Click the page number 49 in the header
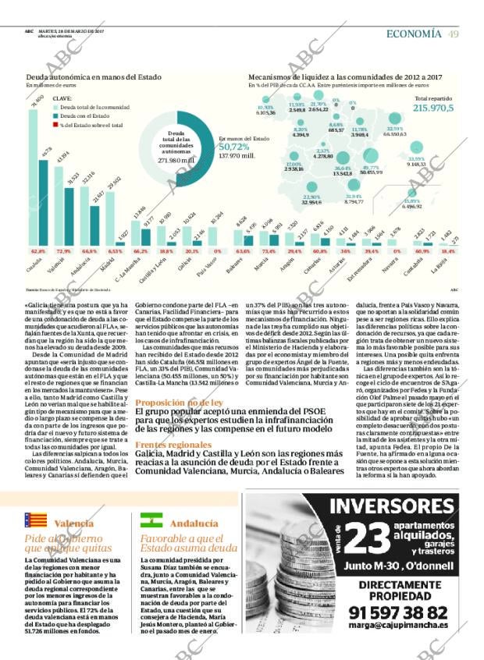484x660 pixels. pyautogui.click(x=454, y=34)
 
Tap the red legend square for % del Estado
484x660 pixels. pyautogui.click(x=55, y=125)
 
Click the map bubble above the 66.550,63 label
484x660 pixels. pyautogui.click(x=395, y=118)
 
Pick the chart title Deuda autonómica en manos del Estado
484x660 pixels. pyautogui.click(x=84, y=78)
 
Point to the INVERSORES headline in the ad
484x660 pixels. pyautogui.click(x=399, y=506)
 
